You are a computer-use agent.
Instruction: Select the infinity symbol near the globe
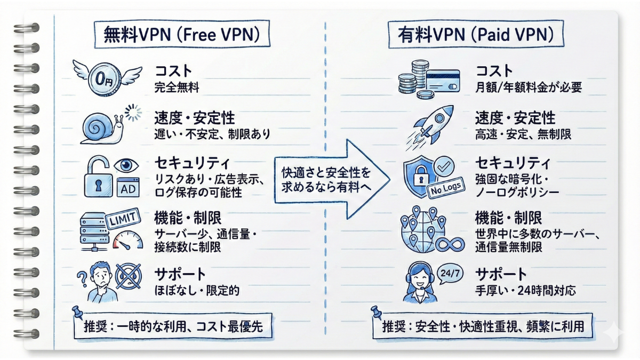click(x=449, y=245)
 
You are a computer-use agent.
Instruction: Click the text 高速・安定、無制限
click(x=523, y=133)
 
